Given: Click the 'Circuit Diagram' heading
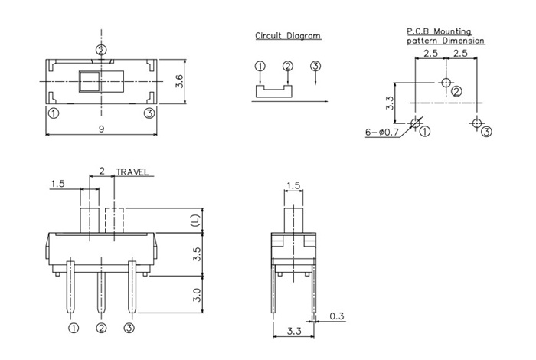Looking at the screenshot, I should click(x=288, y=36).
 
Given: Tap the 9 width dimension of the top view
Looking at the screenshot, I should click(x=101, y=129).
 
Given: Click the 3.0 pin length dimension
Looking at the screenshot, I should click(x=196, y=294).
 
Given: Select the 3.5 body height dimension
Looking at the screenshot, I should click(x=196, y=254).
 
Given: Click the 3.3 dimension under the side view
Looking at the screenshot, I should click(x=292, y=332).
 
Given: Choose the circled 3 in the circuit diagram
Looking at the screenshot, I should click(x=315, y=66).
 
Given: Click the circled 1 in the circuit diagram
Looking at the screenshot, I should click(x=260, y=67).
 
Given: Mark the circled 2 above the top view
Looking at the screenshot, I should click(x=101, y=51).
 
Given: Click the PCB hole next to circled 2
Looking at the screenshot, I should click(x=446, y=83).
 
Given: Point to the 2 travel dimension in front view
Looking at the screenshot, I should click(x=102, y=172).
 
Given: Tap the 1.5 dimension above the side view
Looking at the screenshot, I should click(x=293, y=186).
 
